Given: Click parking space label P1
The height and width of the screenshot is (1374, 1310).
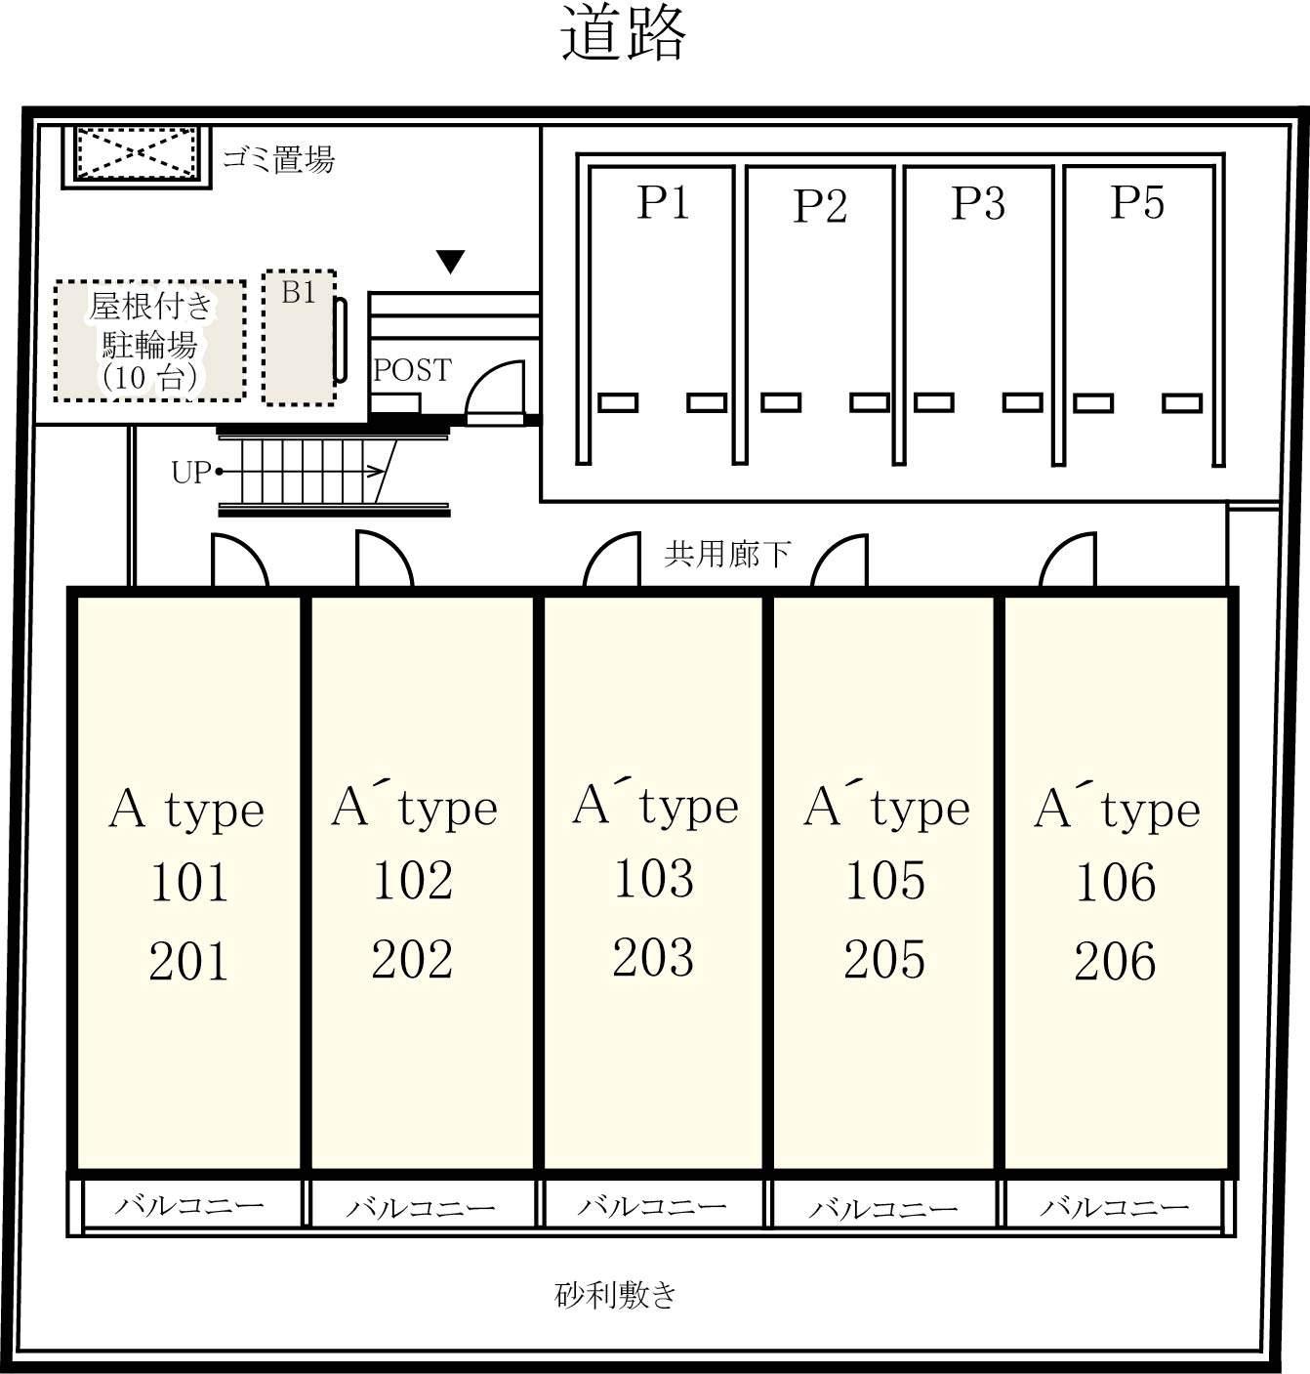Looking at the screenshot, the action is (x=663, y=202).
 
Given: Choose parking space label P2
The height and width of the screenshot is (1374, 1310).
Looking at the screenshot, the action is (x=820, y=205).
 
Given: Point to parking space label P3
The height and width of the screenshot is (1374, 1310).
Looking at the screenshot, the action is (x=978, y=203).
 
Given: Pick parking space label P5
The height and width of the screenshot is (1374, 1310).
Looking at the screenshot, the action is (x=1136, y=202).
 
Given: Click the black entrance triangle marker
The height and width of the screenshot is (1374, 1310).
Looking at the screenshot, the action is (x=451, y=262).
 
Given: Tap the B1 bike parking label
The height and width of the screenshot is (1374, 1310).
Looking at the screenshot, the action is (x=299, y=292).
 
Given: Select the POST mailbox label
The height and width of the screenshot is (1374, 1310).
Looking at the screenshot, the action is (x=412, y=370).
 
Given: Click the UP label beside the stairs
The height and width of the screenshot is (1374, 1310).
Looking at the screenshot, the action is (x=190, y=474).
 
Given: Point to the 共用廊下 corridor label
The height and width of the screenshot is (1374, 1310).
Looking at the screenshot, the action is (x=726, y=555).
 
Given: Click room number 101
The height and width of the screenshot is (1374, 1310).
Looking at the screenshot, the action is (x=188, y=882).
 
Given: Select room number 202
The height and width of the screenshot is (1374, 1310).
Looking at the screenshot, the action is (x=412, y=958).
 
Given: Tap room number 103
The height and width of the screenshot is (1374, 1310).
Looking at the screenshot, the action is (x=654, y=878).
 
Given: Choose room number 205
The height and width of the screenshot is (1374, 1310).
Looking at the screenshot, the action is (x=884, y=959).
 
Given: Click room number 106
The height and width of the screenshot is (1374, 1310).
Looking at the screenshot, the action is (x=1116, y=882).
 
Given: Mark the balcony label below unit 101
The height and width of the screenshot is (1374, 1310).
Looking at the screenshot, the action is (x=189, y=1205).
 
